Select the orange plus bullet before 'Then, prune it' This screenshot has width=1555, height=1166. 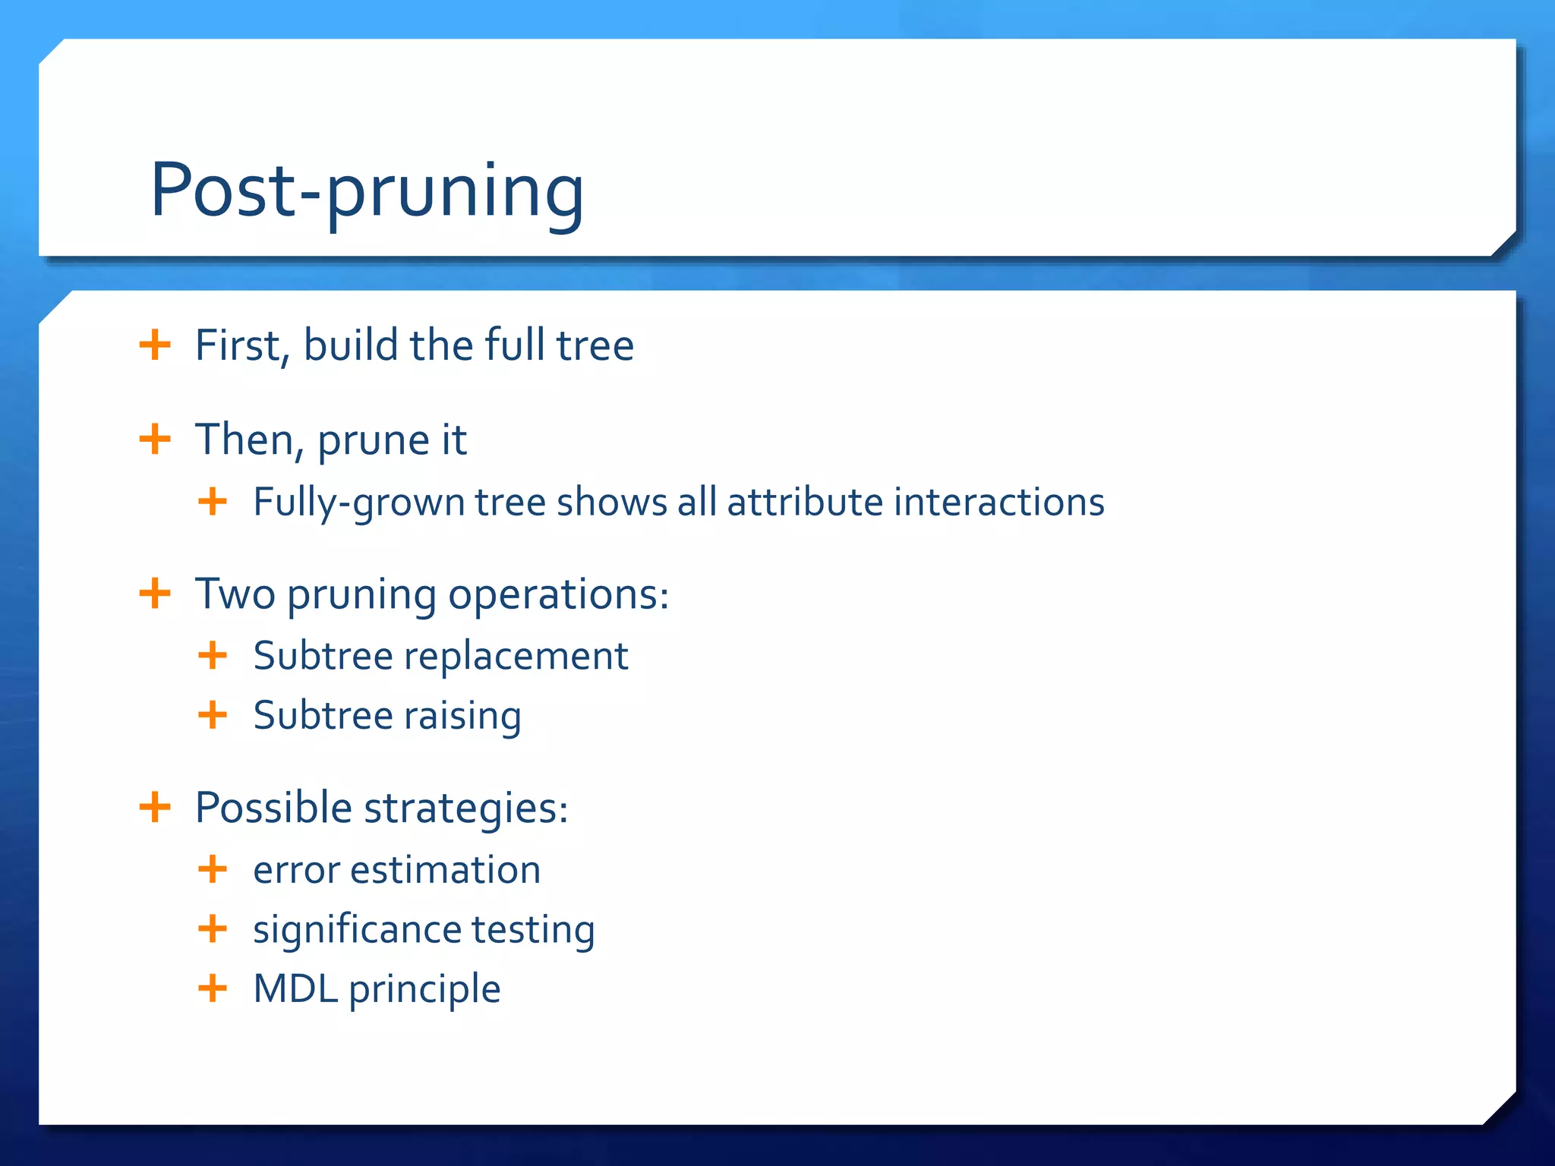pos(155,439)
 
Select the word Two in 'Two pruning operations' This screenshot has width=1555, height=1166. pos(235,594)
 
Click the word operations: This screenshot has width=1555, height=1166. pos(558,595)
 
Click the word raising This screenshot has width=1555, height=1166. pos(462,717)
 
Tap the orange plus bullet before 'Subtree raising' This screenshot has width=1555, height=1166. pos(213,715)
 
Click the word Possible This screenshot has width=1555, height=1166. pos(273,807)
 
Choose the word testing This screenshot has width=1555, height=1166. pos(533,931)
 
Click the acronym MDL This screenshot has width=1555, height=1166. pos(295,989)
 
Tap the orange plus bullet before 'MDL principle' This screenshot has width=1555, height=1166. pos(213,988)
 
